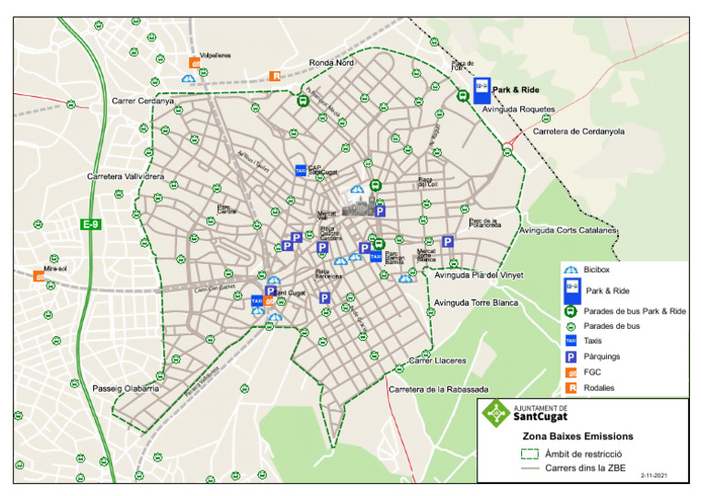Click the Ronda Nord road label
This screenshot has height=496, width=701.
331,63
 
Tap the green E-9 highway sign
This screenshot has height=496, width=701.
90,225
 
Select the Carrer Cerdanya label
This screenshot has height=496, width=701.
142,100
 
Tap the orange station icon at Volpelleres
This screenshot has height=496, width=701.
194,63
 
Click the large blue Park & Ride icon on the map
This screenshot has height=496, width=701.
481,90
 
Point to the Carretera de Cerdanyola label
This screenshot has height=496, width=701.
578,132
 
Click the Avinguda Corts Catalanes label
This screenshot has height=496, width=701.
569,230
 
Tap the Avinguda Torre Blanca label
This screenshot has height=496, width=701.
476,302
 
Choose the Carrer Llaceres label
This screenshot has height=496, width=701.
437,361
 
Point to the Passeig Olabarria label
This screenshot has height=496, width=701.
126,388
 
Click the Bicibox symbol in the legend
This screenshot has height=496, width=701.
571,271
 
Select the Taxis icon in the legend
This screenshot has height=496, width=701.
571,341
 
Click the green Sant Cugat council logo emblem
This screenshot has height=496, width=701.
497,413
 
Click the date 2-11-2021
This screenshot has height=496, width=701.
655,475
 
